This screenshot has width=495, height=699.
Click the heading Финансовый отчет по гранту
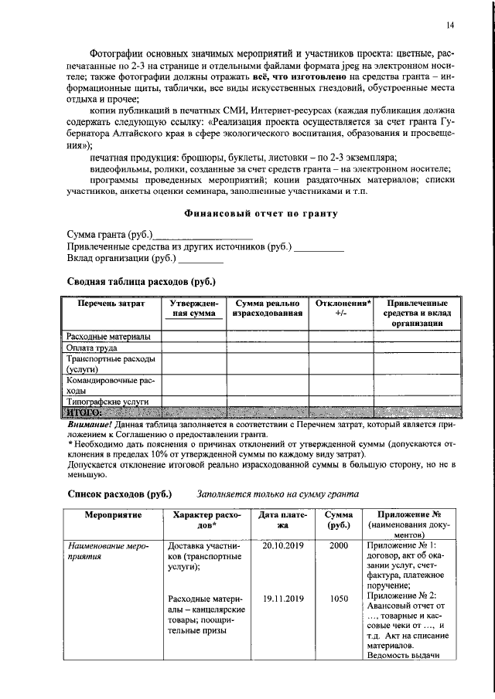(261, 213)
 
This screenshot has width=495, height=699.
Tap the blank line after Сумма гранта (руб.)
(203, 235)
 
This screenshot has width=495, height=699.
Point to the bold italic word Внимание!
(89, 425)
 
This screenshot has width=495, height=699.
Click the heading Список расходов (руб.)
(119, 494)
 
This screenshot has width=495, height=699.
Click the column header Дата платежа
(283, 520)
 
